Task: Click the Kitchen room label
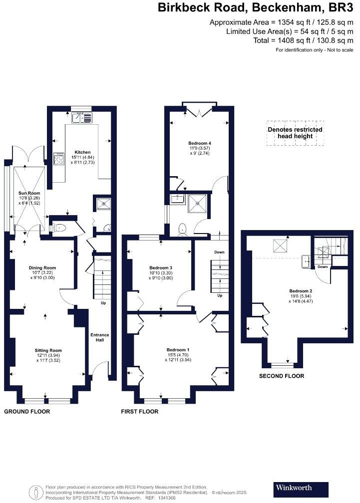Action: [82, 152]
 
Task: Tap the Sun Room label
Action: [29, 193]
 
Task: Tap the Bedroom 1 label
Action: [178, 349]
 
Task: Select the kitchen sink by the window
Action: [82, 118]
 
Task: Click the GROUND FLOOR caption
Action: [27, 412]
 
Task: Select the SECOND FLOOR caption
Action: [281, 376]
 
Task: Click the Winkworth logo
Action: [302, 487]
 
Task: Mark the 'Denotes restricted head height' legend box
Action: [295, 133]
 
